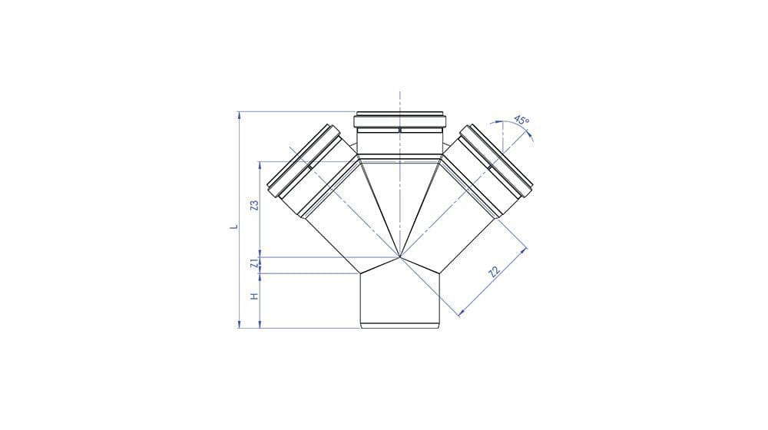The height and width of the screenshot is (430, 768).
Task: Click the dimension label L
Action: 234,227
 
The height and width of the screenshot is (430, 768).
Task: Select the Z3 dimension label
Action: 254,205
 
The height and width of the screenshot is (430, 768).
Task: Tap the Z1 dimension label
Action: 253,263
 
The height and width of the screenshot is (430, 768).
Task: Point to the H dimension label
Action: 253,296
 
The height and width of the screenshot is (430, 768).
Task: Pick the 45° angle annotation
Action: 521,120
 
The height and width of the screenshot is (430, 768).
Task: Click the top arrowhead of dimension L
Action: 239,115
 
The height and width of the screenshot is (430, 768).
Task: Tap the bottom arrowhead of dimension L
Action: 239,324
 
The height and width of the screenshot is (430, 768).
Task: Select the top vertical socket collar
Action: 399,121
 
